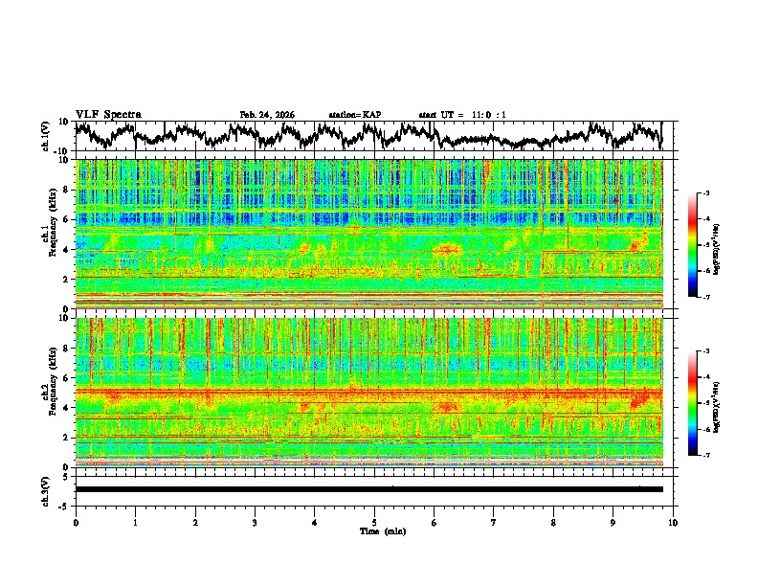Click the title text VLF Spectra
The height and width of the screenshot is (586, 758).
point(108,114)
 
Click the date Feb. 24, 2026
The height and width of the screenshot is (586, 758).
point(267,115)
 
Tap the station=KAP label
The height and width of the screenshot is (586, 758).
point(354,115)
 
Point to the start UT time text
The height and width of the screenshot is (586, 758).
point(462,115)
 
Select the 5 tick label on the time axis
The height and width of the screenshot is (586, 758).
point(374,521)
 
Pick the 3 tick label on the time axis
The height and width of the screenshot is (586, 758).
point(255,521)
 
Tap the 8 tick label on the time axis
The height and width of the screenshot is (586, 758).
point(553,521)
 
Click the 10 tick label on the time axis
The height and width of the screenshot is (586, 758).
point(673,521)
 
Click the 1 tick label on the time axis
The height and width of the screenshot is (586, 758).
point(135,521)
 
